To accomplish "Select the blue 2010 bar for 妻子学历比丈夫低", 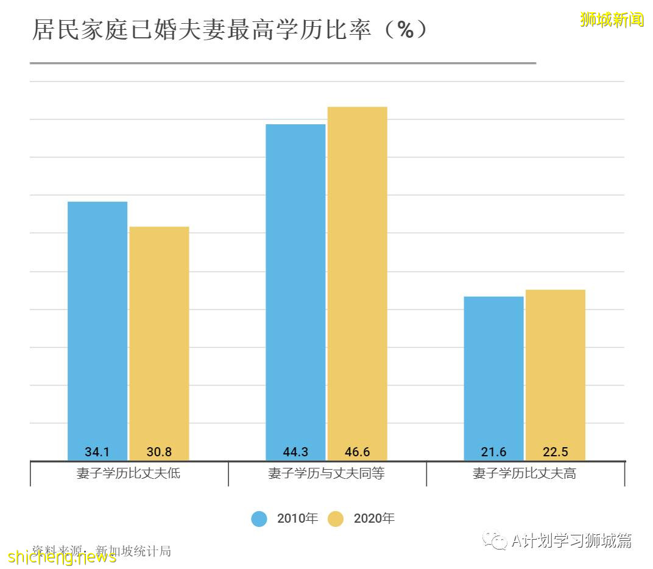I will (97, 323).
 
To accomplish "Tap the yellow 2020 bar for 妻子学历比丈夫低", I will (159, 335).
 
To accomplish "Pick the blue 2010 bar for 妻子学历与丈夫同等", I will (295, 286).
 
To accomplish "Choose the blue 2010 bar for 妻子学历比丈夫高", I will (493, 372).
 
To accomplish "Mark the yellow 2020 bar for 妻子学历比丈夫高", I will (555, 369).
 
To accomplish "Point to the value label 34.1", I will (97, 453).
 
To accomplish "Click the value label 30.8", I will (159, 453).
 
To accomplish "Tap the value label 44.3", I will (295, 453).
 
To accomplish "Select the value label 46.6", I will (357, 453).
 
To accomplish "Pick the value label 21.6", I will (493, 453).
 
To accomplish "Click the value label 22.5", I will (555, 453).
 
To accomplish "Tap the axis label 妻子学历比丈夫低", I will (129, 473).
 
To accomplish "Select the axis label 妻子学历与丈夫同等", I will (326, 473).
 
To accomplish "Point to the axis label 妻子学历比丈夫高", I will (524, 473).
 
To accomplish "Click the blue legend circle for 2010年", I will (259, 519).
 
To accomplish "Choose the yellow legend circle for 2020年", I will (336, 519).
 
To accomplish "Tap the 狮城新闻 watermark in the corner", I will (612, 19).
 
